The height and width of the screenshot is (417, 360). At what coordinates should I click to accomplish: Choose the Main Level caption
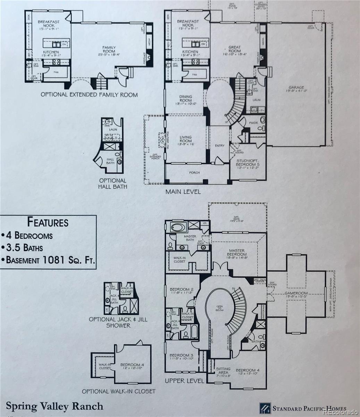[183, 191]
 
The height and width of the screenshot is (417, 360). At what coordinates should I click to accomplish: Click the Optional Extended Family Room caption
[89, 95]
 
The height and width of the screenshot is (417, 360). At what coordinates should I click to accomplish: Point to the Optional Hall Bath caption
[113, 183]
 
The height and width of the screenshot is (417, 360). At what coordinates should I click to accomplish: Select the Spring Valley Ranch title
[55, 406]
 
